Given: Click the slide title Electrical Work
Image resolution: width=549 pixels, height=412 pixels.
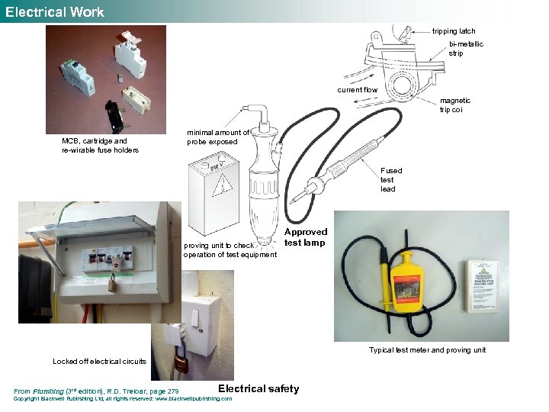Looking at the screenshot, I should click(54, 11).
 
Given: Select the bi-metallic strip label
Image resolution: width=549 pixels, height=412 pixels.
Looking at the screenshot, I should click(466, 49).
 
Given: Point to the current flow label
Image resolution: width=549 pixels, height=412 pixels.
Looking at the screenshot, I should click(358, 90).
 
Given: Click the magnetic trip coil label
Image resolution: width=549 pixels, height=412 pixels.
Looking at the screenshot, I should click(455, 105).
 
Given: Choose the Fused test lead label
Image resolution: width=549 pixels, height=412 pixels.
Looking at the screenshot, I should click(391, 180).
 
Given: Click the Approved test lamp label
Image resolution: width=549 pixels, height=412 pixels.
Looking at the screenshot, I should click(305, 237).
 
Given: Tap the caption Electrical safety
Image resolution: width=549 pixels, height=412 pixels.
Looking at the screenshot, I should click(258, 389).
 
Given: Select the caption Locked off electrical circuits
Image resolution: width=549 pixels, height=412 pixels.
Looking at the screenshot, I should click(99, 361).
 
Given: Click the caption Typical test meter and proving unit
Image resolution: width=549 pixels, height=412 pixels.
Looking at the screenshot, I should click(427, 350).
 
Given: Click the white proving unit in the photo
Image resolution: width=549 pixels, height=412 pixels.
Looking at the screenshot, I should click(483, 285).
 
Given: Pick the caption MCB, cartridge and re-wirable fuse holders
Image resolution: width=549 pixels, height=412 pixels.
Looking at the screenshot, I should click(100, 145).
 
